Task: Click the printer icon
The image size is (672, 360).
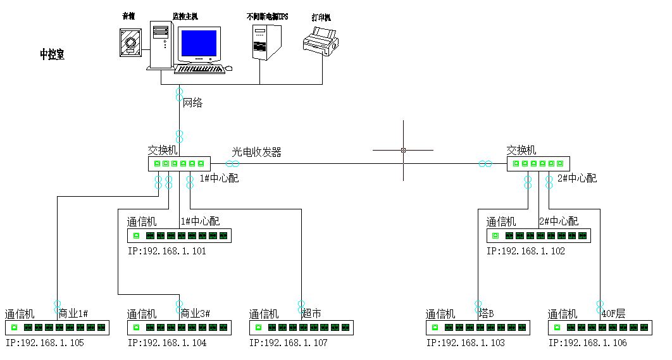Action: click(320, 43)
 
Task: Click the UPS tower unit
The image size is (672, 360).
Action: click(264, 41)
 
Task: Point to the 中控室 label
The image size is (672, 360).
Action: click(52, 55)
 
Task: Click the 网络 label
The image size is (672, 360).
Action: click(193, 102)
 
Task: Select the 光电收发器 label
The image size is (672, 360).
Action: click(256, 152)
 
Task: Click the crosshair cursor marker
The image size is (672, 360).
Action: click(403, 151)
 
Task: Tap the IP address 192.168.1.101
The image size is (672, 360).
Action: click(166, 251)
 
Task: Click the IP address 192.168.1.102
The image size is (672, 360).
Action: click(526, 251)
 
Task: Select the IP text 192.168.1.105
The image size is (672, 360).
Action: click(44, 343)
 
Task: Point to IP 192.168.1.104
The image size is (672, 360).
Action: click(166, 343)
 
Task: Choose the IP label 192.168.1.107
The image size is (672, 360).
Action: click(289, 343)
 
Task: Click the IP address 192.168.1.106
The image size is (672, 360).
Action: click(588, 343)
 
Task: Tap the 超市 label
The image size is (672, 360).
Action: click(311, 314)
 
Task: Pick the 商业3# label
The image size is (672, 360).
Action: click(195, 314)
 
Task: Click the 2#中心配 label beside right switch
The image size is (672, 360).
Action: click(576, 178)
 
